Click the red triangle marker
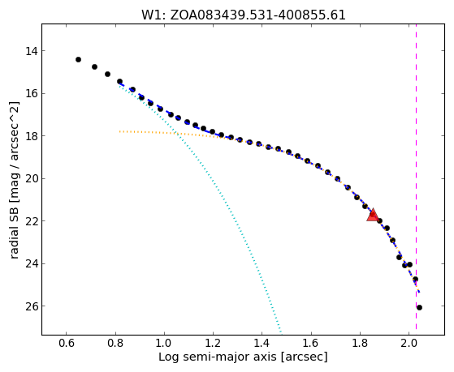coord(373,215)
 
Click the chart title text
coord(243,15)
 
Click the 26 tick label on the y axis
coord(32,306)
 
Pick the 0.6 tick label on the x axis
coord(67,344)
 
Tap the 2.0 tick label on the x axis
coord(409,344)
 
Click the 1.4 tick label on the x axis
coord(262,344)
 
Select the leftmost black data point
coord(78,59)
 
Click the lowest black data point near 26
coord(419,307)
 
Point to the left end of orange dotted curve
coord(119,131)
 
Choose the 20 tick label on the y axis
coord(32,179)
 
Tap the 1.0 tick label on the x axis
coord(164,344)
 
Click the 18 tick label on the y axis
coord(32,136)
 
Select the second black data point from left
coord(94,66)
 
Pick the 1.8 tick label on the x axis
coord(360,344)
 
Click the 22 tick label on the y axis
coord(32,221)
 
